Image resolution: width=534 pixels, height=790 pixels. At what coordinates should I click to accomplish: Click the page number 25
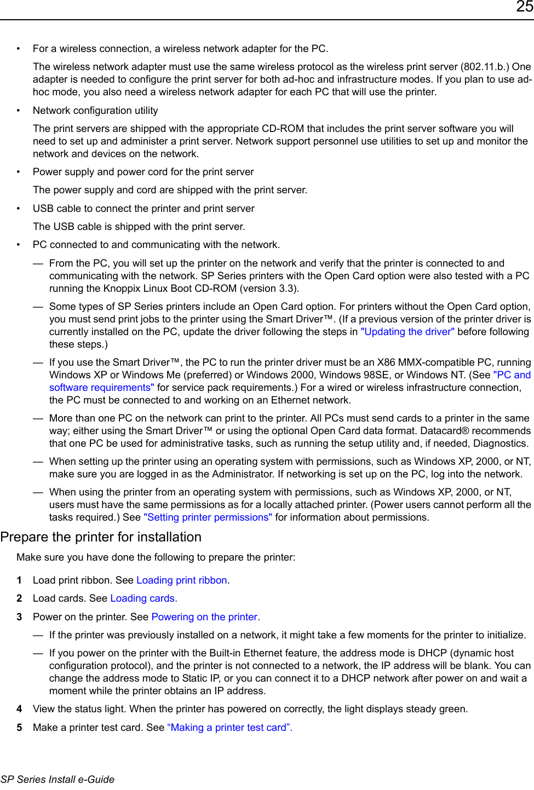tap(524, 7)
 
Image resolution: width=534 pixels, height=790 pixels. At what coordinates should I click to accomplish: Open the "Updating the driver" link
tap(407, 332)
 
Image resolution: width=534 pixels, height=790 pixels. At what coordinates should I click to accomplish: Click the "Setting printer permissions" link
tap(208, 517)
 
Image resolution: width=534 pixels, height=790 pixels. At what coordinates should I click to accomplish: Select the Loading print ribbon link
tap(182, 580)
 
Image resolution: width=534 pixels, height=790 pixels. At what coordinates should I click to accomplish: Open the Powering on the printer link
tap(204, 617)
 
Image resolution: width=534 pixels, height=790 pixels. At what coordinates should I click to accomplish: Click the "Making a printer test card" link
tap(229, 728)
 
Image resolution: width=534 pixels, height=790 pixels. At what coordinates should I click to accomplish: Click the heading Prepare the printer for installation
tap(101, 537)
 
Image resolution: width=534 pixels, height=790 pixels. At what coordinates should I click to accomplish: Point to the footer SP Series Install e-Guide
tap(58, 780)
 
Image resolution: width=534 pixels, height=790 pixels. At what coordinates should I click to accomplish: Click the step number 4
tap(20, 709)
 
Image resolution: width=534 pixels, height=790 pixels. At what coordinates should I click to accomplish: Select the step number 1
tap(20, 580)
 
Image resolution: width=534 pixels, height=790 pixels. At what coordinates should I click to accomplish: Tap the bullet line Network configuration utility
tap(95, 111)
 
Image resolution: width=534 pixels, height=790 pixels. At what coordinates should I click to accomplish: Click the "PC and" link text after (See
tap(513, 375)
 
